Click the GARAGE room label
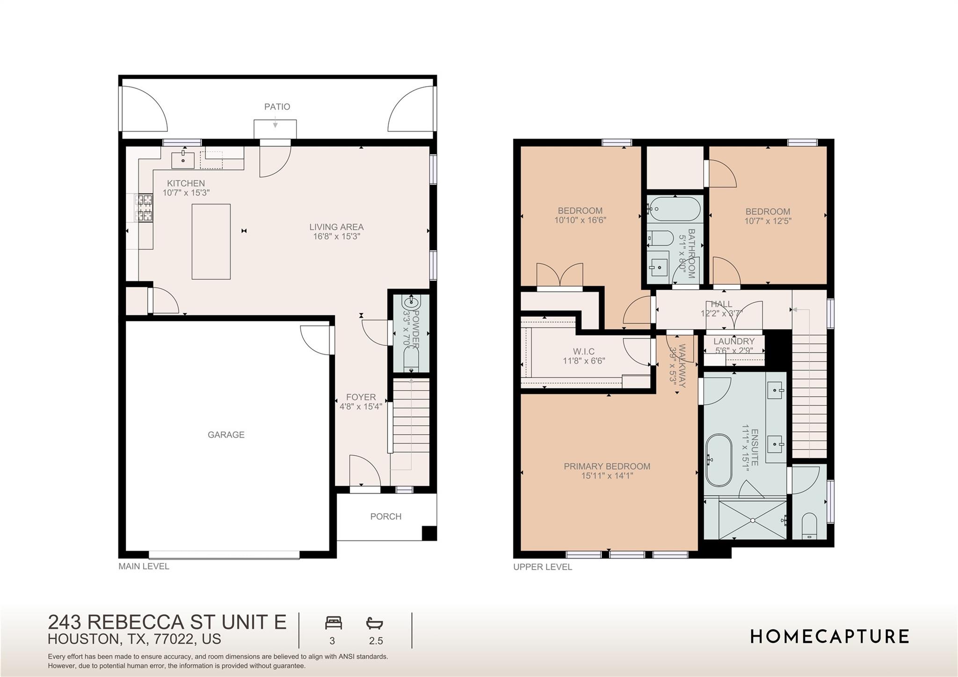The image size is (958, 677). [226, 435]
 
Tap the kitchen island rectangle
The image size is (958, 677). [211, 241]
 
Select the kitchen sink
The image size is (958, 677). [183, 160]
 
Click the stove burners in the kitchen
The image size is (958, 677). [144, 208]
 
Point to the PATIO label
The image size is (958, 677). [277, 107]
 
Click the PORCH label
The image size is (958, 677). [385, 517]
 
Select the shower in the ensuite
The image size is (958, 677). [752, 519]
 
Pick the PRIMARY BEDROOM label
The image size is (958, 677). [607, 466]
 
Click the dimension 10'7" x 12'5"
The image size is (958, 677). [768, 221]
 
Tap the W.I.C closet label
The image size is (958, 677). [584, 351]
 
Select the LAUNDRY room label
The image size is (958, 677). [734, 342]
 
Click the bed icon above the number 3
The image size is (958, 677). [334, 623]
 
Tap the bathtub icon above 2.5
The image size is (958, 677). [375, 623]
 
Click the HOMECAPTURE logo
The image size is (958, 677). [830, 637]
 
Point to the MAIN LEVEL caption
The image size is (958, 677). [144, 566]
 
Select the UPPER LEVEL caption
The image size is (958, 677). [543, 567]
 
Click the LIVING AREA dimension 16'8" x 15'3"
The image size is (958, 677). [336, 237]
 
